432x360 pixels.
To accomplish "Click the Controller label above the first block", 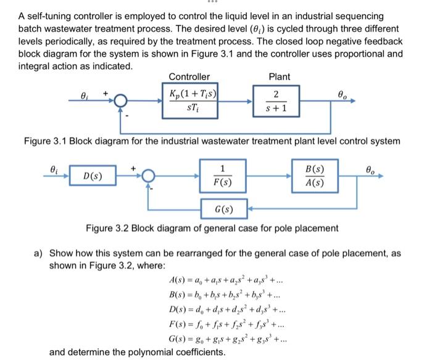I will pyautogui.click(x=189, y=76).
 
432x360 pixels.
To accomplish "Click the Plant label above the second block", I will pyautogui.click(x=280, y=76).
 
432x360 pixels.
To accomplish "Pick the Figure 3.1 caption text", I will pyautogui.click(x=212, y=141).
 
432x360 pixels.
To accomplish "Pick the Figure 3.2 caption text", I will pyautogui.click(x=212, y=228).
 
